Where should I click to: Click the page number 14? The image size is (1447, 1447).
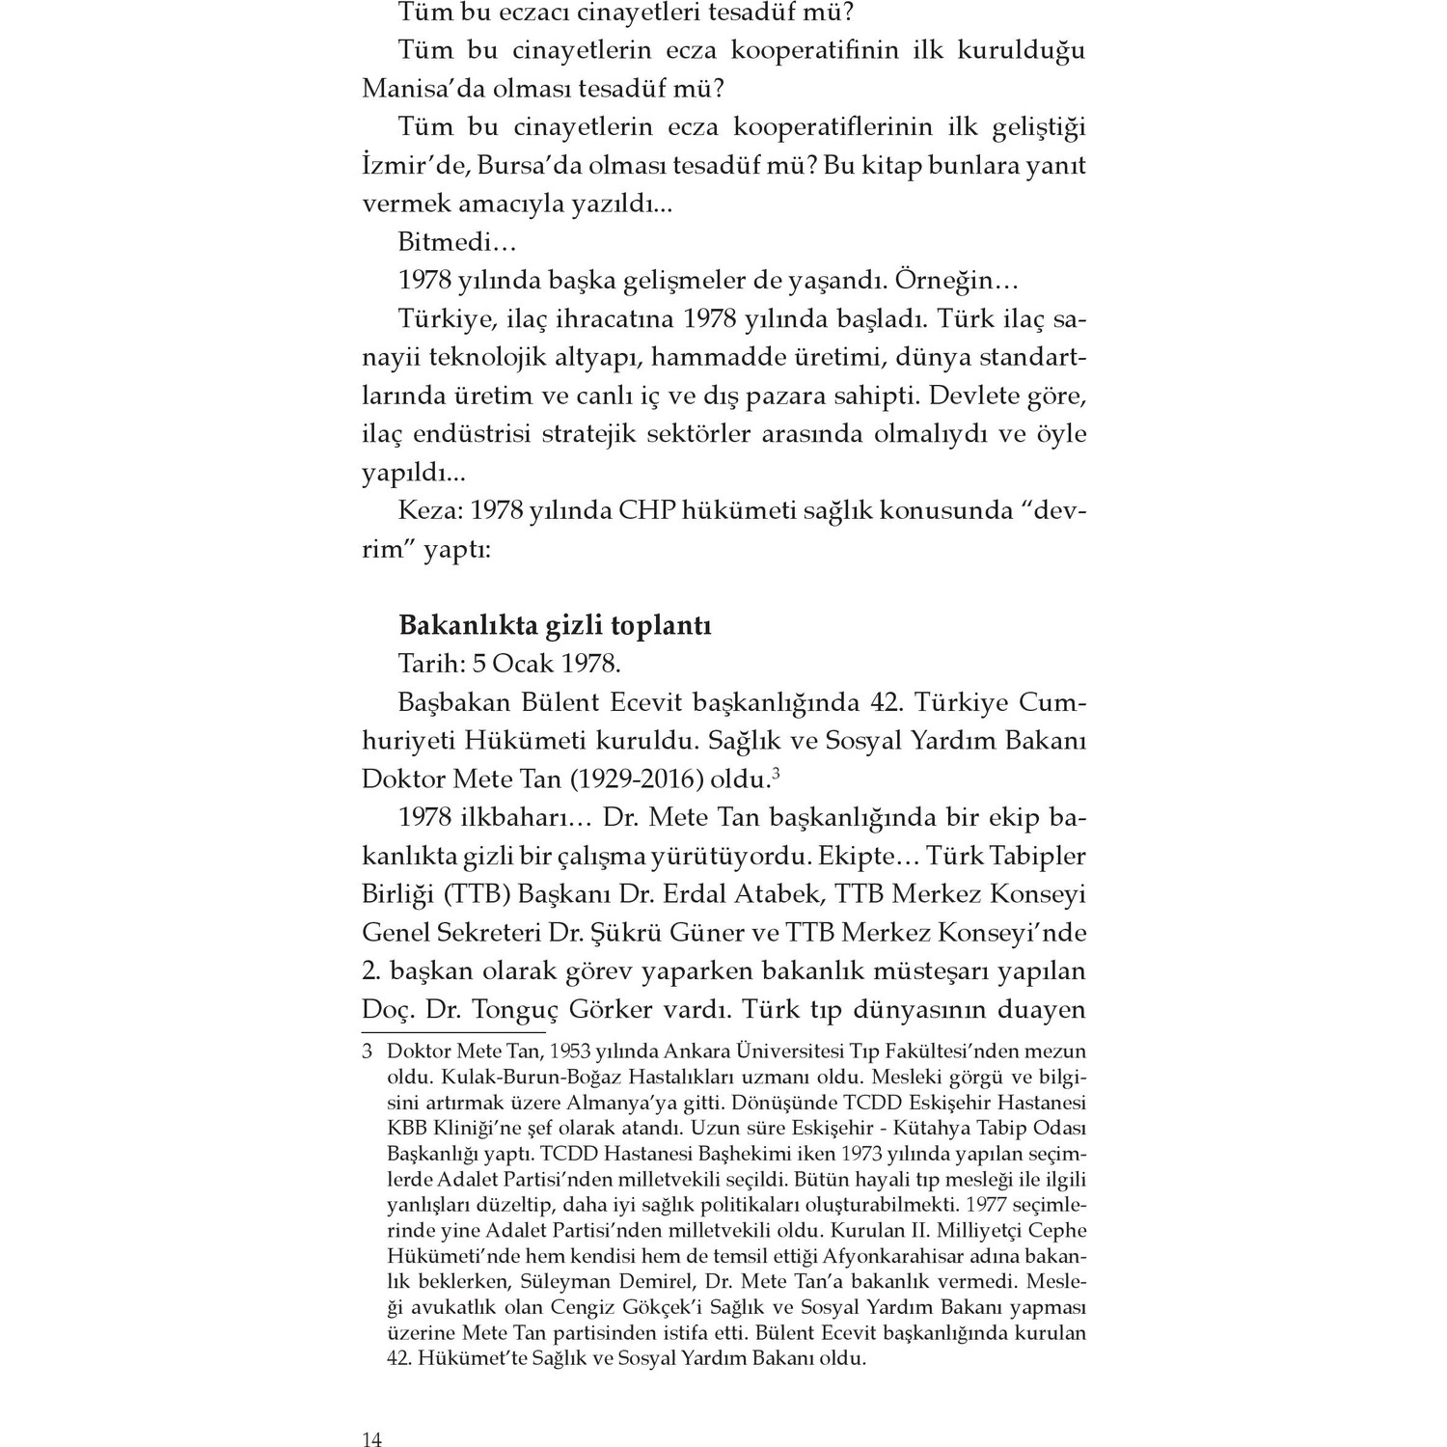coord(372,1440)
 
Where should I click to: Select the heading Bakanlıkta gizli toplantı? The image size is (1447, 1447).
coord(555,625)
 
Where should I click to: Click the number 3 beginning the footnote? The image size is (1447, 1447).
coord(367,1051)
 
